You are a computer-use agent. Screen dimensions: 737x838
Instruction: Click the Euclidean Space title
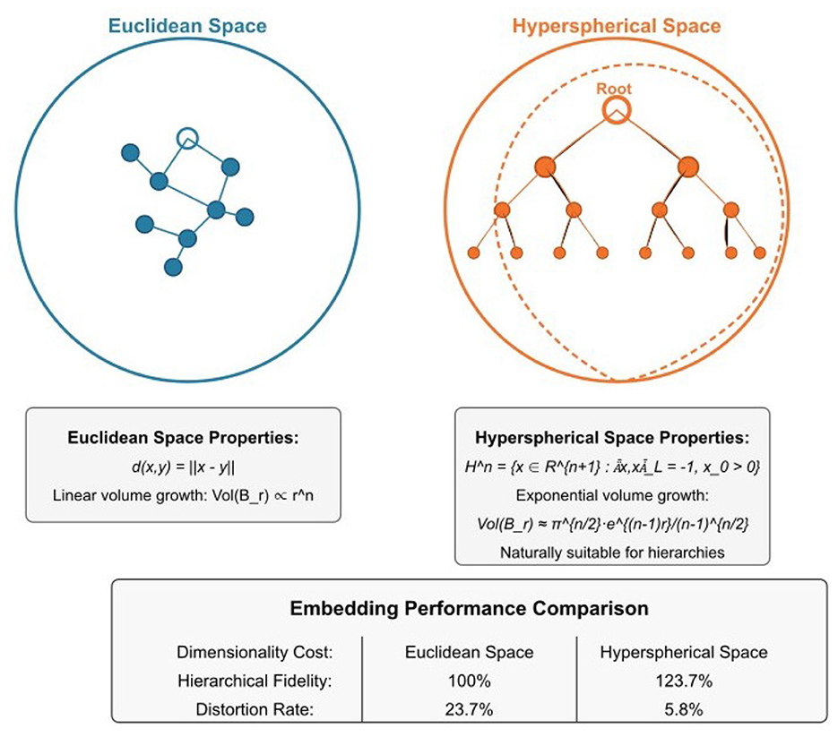[186, 25]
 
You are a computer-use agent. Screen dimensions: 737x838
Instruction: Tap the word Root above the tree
[615, 90]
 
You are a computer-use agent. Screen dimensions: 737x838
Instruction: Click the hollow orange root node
[615, 111]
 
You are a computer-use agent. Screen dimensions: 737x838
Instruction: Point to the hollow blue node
[186, 137]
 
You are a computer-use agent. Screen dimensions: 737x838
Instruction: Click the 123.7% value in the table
[683, 681]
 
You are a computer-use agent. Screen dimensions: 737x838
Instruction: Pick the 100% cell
[464, 681]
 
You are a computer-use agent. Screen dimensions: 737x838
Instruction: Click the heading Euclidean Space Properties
[183, 439]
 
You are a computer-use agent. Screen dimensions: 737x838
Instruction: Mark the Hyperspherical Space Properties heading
[612, 439]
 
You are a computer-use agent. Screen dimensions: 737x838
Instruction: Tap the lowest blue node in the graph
[174, 267]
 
